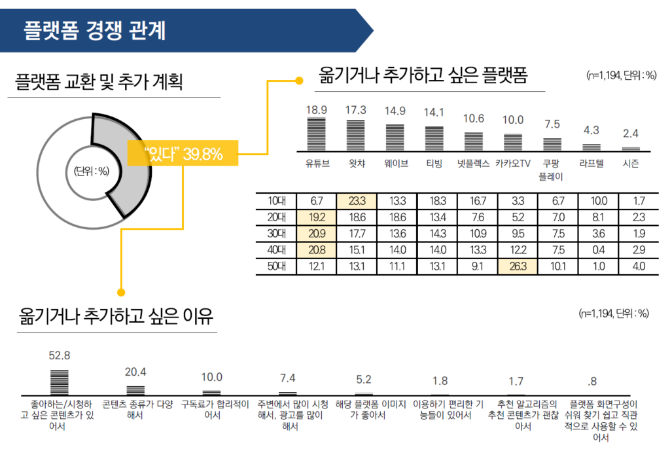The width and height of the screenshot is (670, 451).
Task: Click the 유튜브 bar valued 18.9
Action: coord(317,134)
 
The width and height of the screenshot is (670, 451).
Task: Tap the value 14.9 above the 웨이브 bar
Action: coord(395,110)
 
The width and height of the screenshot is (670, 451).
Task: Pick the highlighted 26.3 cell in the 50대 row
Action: coord(514,266)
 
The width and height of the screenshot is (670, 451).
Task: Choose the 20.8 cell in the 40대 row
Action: coord(317,249)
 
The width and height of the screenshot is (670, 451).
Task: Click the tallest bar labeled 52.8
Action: coord(60,381)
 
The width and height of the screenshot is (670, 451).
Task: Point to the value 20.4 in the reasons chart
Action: coord(136,372)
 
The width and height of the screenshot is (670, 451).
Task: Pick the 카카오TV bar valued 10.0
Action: coord(514,142)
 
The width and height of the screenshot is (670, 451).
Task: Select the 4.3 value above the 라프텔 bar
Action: coord(591,130)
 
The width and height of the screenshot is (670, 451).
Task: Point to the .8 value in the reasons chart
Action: coord(591,381)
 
